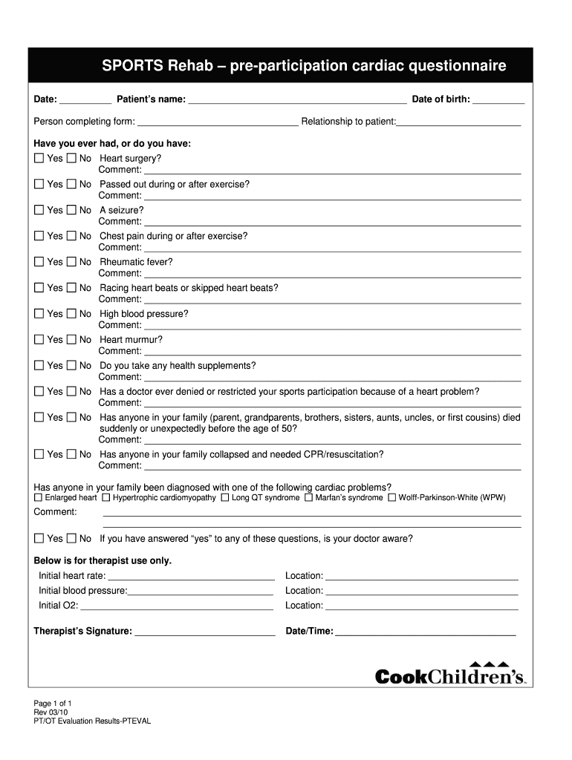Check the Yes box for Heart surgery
(x=39, y=159)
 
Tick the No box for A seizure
(x=71, y=210)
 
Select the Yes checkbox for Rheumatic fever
(x=39, y=262)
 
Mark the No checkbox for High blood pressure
(x=71, y=314)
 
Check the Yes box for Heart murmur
(x=39, y=340)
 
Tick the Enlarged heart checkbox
(x=39, y=498)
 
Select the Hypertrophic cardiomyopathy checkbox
(x=106, y=498)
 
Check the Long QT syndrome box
(x=224, y=498)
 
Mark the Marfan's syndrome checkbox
(x=308, y=498)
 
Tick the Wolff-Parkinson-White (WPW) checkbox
(x=391, y=498)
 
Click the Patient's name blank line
(x=297, y=100)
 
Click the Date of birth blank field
(x=498, y=100)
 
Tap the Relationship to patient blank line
(x=459, y=122)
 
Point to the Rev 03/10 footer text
(x=51, y=712)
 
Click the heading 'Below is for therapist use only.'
(x=103, y=560)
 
